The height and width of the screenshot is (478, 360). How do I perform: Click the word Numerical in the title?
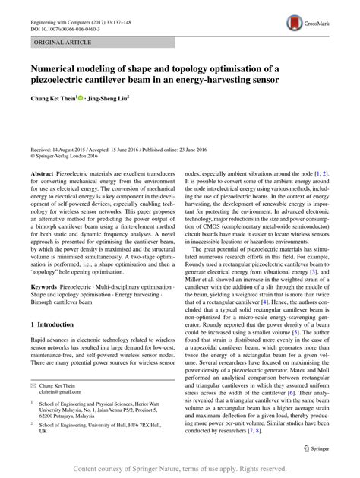click(x=58, y=68)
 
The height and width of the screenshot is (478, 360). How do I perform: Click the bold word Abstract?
click(x=42, y=174)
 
